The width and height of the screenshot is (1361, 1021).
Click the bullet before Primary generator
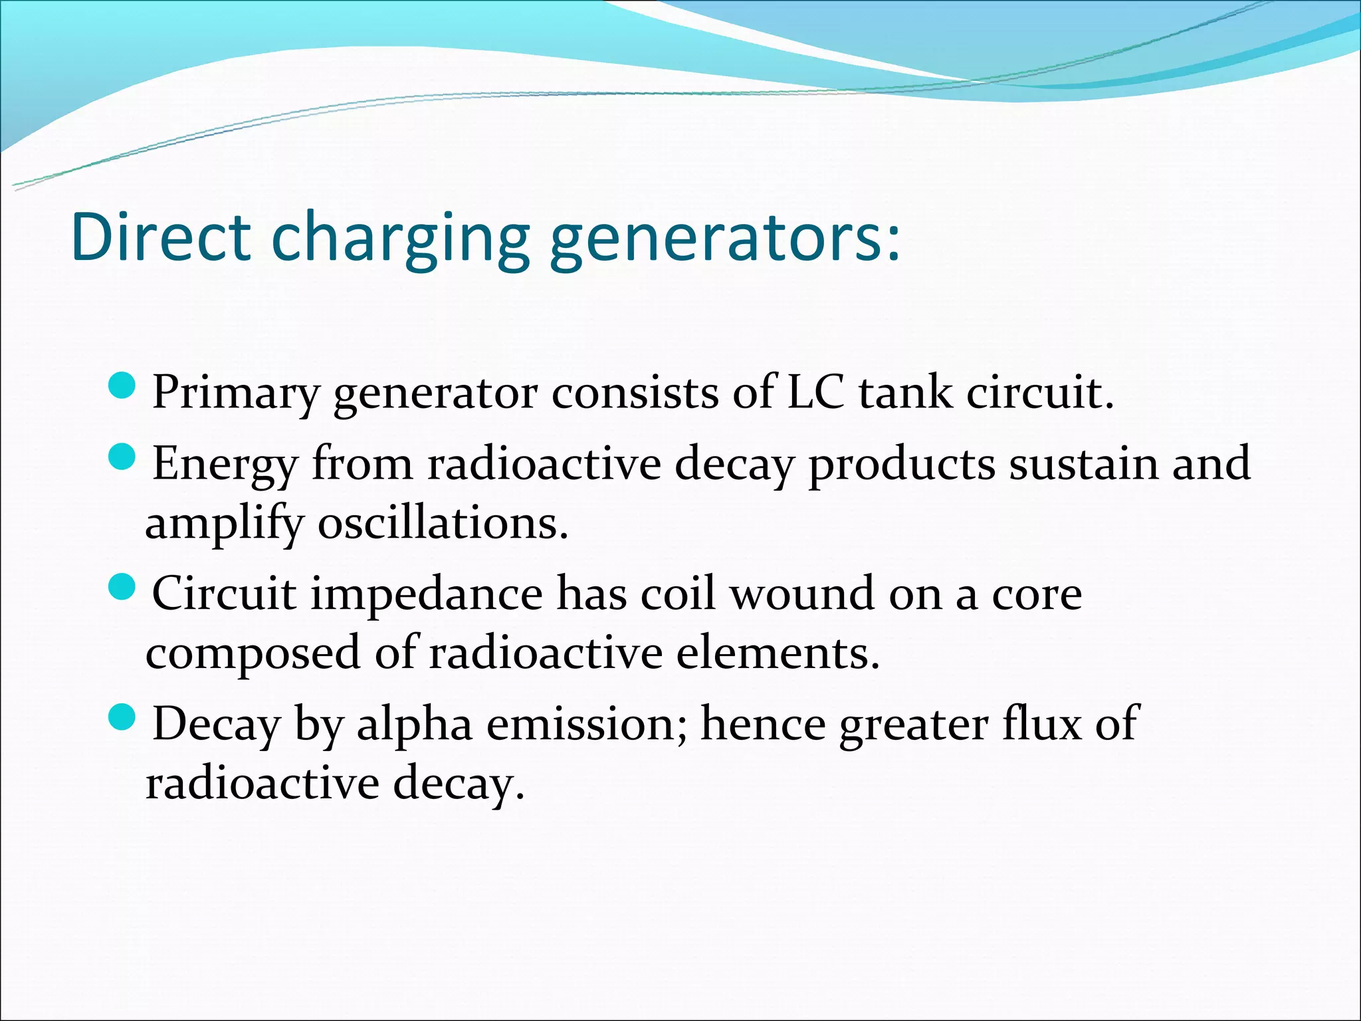click(122, 385)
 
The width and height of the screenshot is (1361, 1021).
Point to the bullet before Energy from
click(122, 456)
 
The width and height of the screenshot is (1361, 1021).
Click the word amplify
click(223, 525)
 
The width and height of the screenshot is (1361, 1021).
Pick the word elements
click(778, 653)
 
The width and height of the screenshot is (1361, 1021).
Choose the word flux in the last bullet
click(1043, 723)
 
